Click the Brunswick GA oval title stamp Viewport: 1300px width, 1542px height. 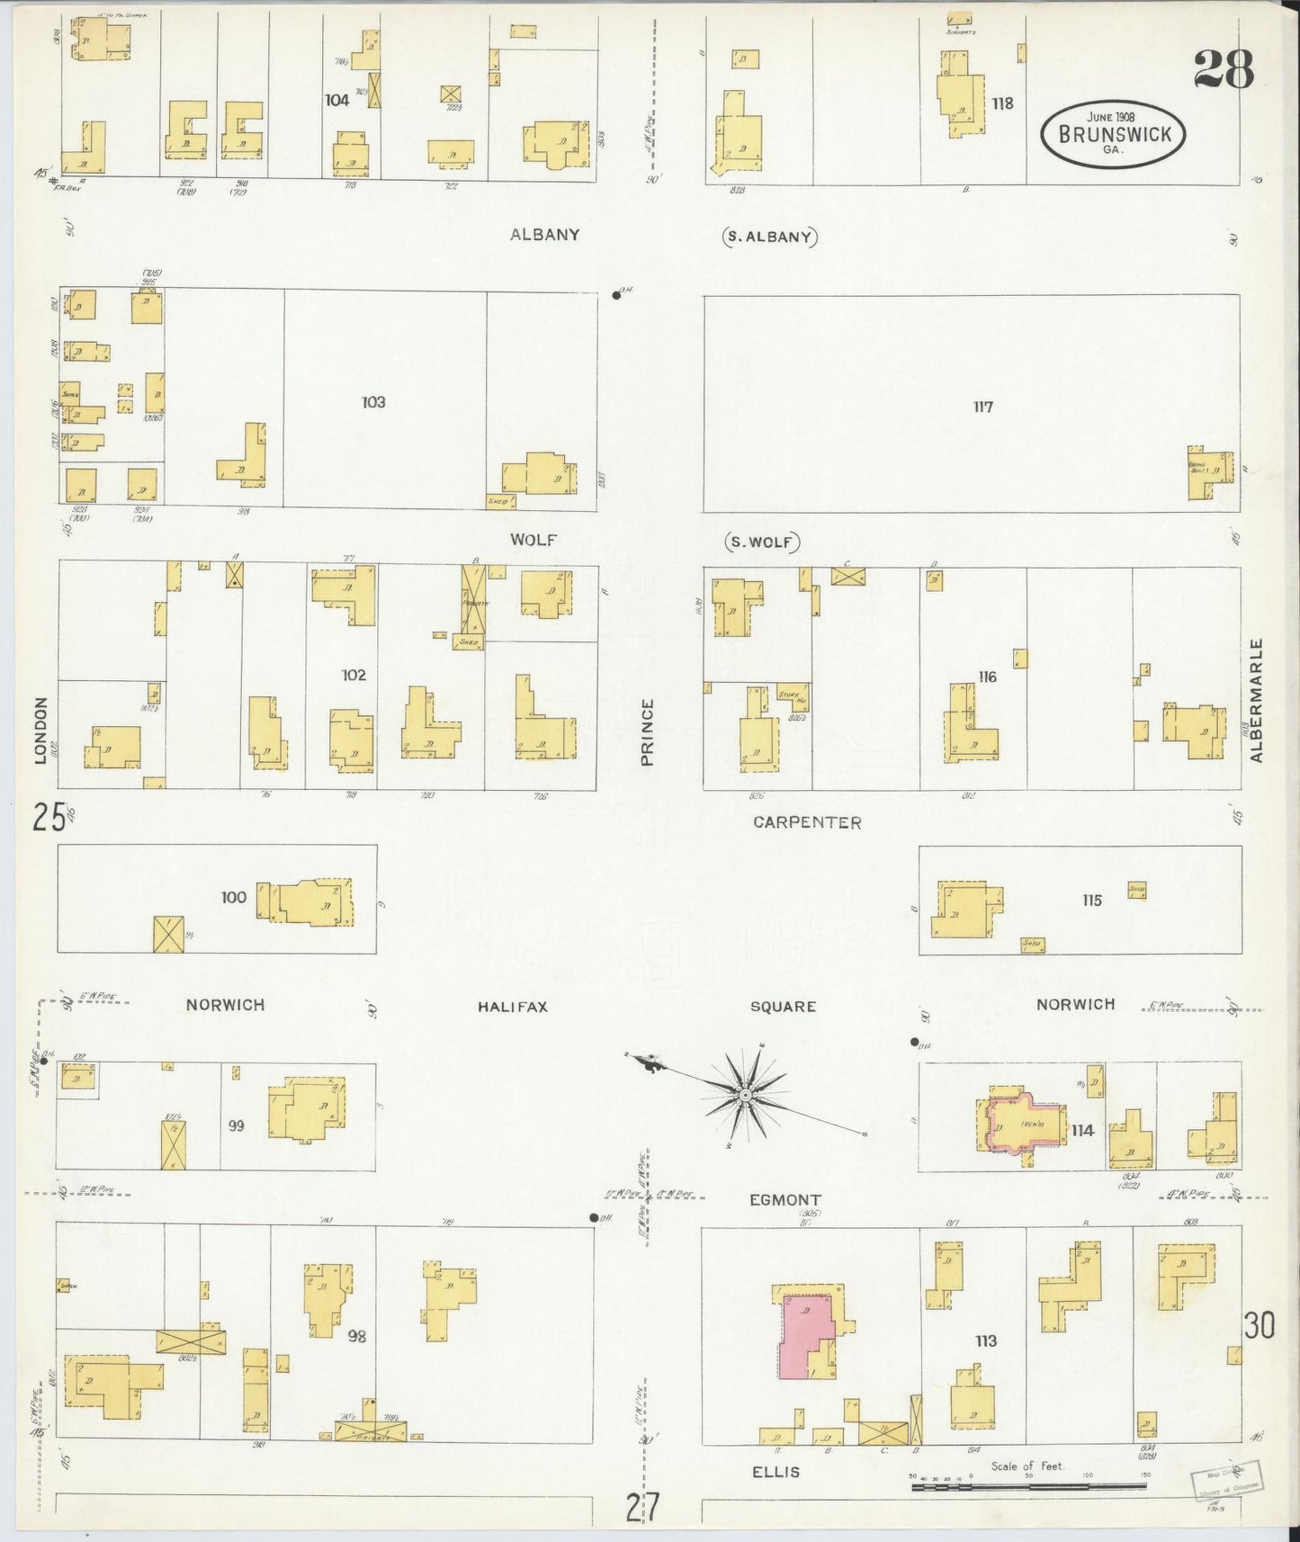pos(1113,134)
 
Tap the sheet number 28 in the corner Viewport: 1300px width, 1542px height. pos(1224,68)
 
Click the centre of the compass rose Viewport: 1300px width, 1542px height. pos(745,1095)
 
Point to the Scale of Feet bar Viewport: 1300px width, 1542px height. pos(1028,1487)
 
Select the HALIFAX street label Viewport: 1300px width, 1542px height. pos(512,1007)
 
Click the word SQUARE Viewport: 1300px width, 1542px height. pos(783,1007)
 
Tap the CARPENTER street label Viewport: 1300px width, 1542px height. pos(807,822)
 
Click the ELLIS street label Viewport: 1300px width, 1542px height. pos(776,1473)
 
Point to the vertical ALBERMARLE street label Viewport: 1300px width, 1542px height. pos(1257,700)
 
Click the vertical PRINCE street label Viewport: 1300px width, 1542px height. pos(647,732)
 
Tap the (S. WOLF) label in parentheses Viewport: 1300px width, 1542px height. pos(761,542)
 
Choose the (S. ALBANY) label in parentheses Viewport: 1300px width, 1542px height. pos(769,238)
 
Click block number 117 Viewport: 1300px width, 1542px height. pos(982,407)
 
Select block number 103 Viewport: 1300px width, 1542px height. pos(373,402)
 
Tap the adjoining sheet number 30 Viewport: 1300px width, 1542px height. pos(1260,1325)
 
